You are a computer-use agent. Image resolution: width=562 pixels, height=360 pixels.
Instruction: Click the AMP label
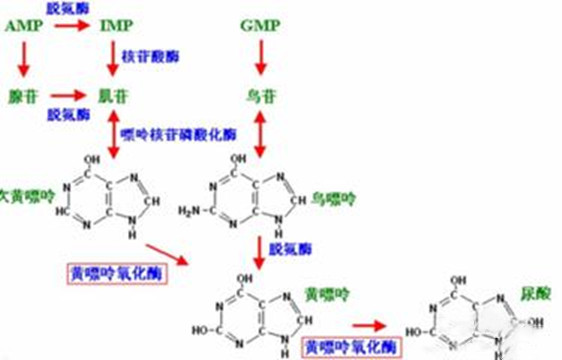(x=22, y=23)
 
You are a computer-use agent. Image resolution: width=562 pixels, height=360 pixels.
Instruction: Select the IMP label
(x=117, y=23)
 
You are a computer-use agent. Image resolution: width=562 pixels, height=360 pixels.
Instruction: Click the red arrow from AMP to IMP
(x=69, y=23)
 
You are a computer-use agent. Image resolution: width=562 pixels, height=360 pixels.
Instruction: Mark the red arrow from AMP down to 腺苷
(x=23, y=60)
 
